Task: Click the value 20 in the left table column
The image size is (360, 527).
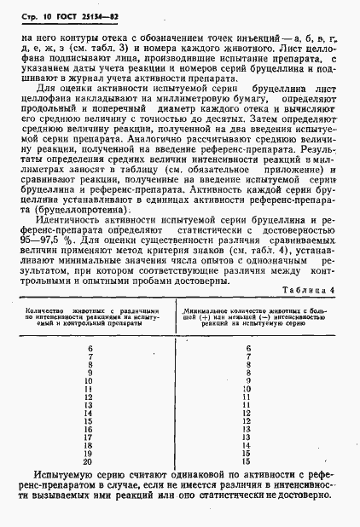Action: [90, 460]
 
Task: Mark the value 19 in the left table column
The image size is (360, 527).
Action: [90, 451]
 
